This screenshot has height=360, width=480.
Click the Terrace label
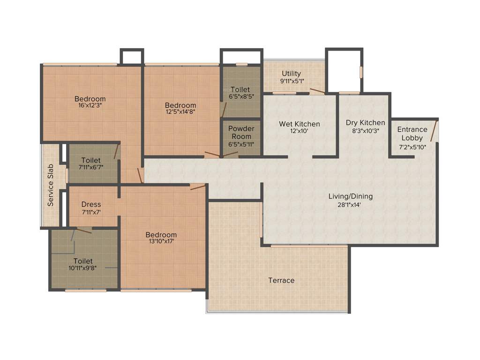click(x=281, y=280)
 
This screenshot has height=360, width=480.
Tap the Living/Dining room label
click(x=350, y=196)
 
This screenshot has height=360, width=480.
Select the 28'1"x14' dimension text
click(x=350, y=204)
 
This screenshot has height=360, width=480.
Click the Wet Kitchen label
click(x=300, y=124)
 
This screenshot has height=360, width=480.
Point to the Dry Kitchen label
click(x=365, y=123)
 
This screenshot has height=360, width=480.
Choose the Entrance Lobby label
click(x=412, y=134)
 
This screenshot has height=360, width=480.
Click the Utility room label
click(x=291, y=74)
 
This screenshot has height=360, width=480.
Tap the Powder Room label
click(x=241, y=133)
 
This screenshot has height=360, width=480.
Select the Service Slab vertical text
click(x=51, y=186)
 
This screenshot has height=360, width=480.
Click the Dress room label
click(x=91, y=204)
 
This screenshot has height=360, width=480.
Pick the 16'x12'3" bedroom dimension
click(x=90, y=105)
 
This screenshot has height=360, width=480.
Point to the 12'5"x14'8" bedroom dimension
click(x=180, y=112)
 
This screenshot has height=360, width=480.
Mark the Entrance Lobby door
click(x=435, y=131)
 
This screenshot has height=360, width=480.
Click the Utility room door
click(x=317, y=91)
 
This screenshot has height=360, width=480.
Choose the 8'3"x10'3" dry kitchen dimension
click(x=365, y=131)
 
